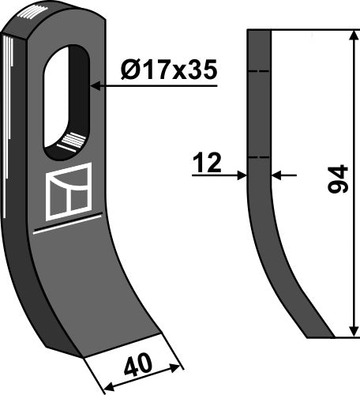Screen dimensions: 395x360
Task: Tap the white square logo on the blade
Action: tap(69, 190)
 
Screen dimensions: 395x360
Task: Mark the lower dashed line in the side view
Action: tap(260, 157)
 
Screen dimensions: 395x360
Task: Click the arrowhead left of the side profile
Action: tap(242, 176)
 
